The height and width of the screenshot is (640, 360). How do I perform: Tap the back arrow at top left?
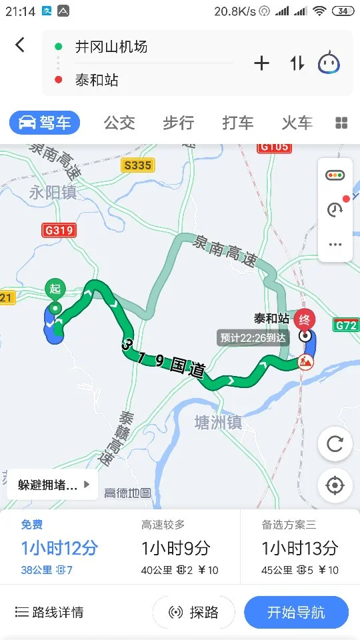tap(20, 45)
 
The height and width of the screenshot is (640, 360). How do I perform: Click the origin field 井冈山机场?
tap(111, 47)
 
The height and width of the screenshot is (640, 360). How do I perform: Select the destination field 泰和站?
tap(97, 81)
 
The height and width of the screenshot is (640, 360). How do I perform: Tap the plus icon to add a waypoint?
tap(261, 63)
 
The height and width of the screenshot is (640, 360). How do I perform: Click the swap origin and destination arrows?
tap(297, 63)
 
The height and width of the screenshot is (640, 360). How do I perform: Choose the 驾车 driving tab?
tap(45, 123)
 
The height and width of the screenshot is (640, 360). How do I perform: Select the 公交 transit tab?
tap(119, 123)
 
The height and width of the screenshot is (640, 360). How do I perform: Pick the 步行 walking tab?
tap(178, 123)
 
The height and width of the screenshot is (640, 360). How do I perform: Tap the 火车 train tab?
tap(297, 123)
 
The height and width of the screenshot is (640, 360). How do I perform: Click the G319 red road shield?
tap(59, 231)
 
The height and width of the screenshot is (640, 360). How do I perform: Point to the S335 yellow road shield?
tap(137, 165)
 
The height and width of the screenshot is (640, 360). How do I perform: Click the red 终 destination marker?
tap(305, 319)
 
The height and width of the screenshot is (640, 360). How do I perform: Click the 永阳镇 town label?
tap(53, 193)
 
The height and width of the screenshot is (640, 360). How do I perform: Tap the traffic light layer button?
tap(335, 175)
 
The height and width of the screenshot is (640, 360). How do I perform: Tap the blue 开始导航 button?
tap(296, 613)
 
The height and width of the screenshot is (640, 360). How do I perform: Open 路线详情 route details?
tap(50, 613)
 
